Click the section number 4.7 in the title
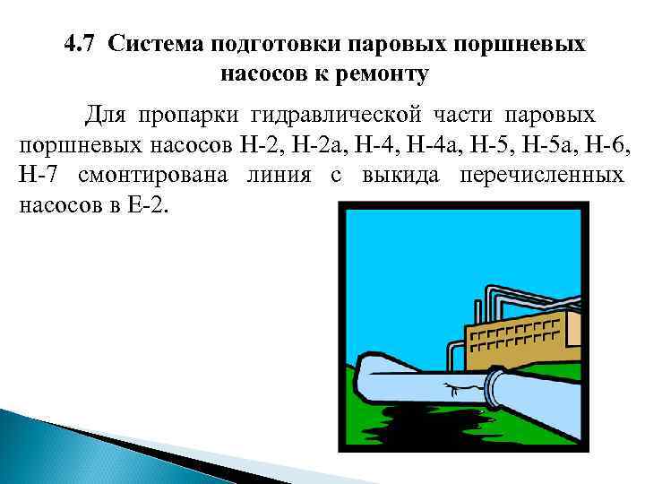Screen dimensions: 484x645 coord(82,44)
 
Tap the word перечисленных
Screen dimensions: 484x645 coord(542,175)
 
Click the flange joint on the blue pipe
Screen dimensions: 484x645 coord(494,386)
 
